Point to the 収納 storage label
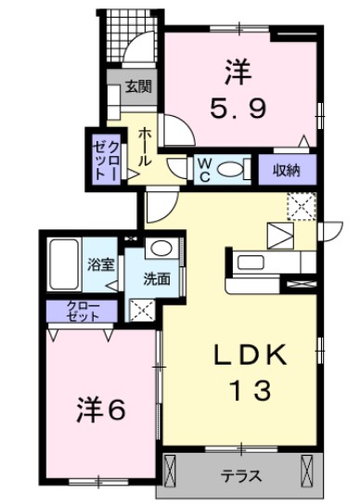tap(287, 170)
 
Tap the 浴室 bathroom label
tap(100, 265)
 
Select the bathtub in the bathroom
tap(65, 264)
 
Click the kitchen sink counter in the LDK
tap(253, 262)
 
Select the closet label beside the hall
tap(101, 155)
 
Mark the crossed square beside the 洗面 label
tap(142, 309)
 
